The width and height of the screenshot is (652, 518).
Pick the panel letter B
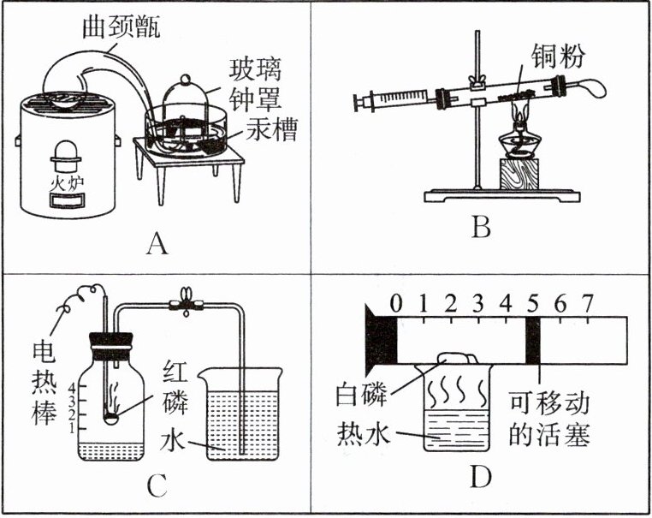tap(482, 229)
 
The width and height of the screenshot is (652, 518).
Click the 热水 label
tap(364, 438)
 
